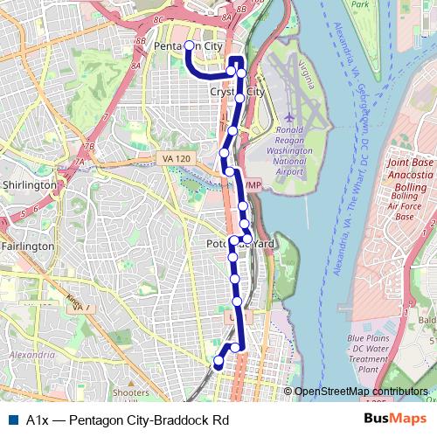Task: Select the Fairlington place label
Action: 27,247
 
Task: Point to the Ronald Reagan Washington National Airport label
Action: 288,150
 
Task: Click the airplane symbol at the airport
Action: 289,117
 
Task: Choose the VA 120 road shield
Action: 176,157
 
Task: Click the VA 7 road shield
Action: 81,308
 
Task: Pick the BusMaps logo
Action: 389,419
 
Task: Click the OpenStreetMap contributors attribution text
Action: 361,392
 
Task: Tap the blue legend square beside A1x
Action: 11,420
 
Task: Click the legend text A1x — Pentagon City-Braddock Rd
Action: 128,420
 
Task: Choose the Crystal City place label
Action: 237,92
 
